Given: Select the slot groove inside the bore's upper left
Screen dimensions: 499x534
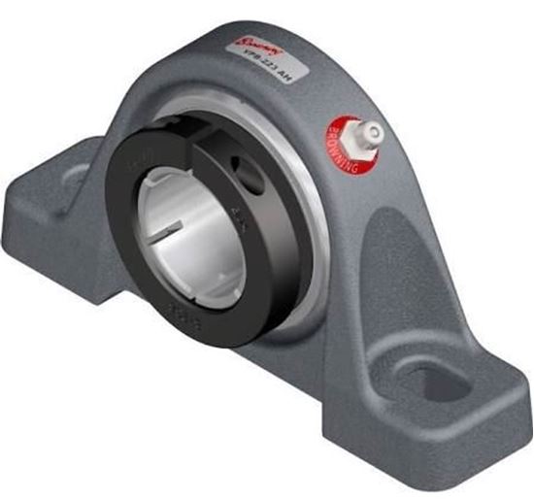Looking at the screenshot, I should pyautogui.click(x=167, y=199).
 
